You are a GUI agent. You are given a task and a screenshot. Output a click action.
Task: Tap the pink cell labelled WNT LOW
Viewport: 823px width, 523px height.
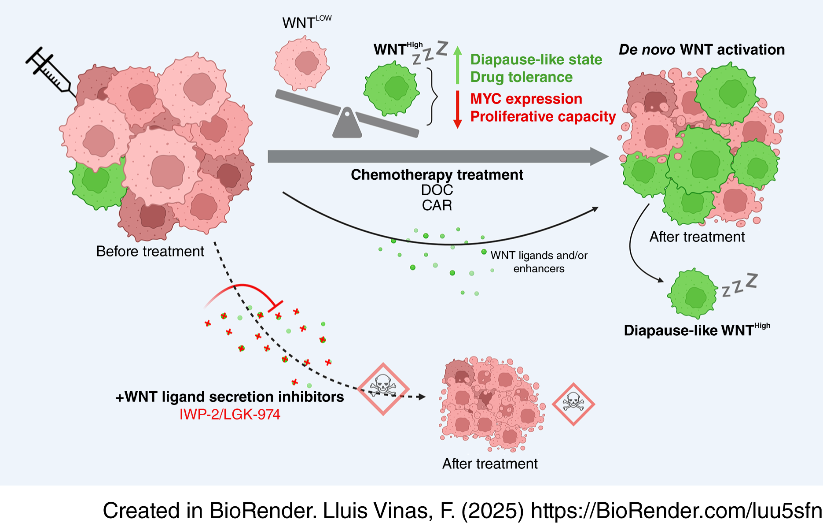[302, 63]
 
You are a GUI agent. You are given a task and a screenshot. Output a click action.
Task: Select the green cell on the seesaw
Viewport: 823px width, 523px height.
[391, 89]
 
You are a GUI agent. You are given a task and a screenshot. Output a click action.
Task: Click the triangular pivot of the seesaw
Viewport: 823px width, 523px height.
[347, 123]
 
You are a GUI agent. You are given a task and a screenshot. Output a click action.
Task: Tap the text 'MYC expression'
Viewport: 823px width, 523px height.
[526, 99]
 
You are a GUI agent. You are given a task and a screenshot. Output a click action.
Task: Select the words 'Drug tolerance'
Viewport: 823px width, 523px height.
[521, 77]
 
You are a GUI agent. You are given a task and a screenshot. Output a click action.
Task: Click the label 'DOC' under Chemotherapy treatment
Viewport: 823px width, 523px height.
[437, 190]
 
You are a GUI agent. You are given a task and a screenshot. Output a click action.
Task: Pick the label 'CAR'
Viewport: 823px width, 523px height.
[437, 205]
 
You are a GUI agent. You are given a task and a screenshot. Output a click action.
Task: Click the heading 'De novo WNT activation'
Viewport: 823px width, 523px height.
[702, 50]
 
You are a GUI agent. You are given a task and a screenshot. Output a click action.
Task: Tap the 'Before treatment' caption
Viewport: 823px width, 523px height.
[150, 251]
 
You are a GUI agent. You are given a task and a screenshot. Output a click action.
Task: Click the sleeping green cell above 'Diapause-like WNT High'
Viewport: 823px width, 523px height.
[693, 293]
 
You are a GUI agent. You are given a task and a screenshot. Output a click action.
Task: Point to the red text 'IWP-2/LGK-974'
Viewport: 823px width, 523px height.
[230, 415]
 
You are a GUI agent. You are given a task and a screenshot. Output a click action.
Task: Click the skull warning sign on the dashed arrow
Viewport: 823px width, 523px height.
[383, 389]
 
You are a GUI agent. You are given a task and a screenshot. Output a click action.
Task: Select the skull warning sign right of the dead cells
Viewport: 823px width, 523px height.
[573, 404]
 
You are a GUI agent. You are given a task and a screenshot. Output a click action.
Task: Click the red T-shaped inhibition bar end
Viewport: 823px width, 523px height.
[276, 306]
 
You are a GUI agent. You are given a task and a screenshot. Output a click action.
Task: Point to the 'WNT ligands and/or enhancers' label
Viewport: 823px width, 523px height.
[539, 262]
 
